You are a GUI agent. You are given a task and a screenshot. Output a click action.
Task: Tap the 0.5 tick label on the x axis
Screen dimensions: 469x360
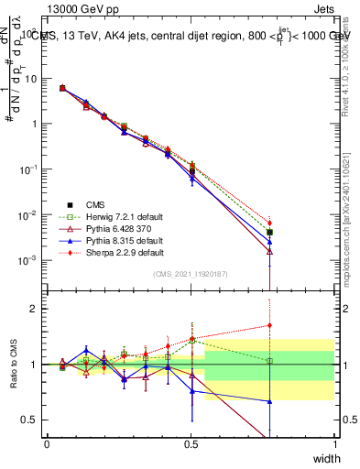pyautogui.click(x=191, y=442)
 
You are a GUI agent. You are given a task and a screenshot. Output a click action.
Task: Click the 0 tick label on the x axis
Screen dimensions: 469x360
pyautogui.click(x=47, y=442)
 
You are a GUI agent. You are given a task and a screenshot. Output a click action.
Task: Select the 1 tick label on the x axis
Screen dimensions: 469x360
pyautogui.click(x=334, y=442)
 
